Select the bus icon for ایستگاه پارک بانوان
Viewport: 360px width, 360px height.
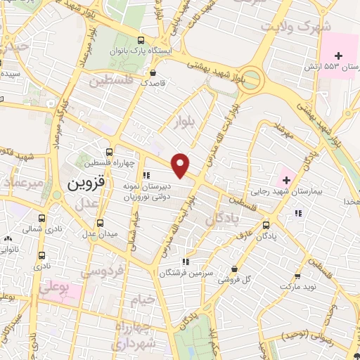tap(141, 41)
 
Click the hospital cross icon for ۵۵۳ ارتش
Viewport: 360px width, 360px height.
tap(339, 55)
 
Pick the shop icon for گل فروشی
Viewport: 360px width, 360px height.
tap(234, 269)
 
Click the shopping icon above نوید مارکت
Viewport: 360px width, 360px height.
tap(297, 276)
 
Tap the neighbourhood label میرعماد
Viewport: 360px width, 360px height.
tap(22, 182)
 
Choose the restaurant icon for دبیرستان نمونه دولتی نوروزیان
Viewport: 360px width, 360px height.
tap(146, 175)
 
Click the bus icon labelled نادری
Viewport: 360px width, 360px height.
tap(42, 255)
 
